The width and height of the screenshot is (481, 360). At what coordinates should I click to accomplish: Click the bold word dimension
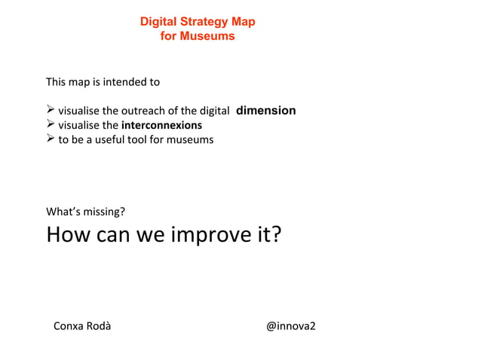[x=266, y=111]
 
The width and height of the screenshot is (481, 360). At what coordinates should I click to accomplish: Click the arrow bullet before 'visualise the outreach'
[x=51, y=111]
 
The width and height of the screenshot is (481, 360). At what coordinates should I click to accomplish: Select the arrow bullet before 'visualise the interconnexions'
[x=51, y=125]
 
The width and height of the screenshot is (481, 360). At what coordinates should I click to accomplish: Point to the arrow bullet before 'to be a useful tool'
[x=51, y=139]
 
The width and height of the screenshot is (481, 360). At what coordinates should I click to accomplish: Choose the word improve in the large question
[x=210, y=235]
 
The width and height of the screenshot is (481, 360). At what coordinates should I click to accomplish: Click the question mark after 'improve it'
[x=276, y=235]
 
